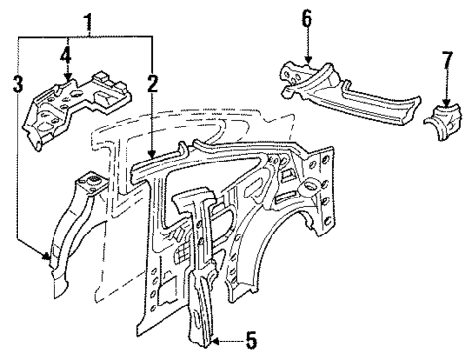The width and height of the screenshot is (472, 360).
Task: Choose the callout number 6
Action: click(308, 18)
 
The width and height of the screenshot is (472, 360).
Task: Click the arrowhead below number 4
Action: click(66, 76)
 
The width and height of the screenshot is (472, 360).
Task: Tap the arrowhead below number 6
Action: click(308, 62)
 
